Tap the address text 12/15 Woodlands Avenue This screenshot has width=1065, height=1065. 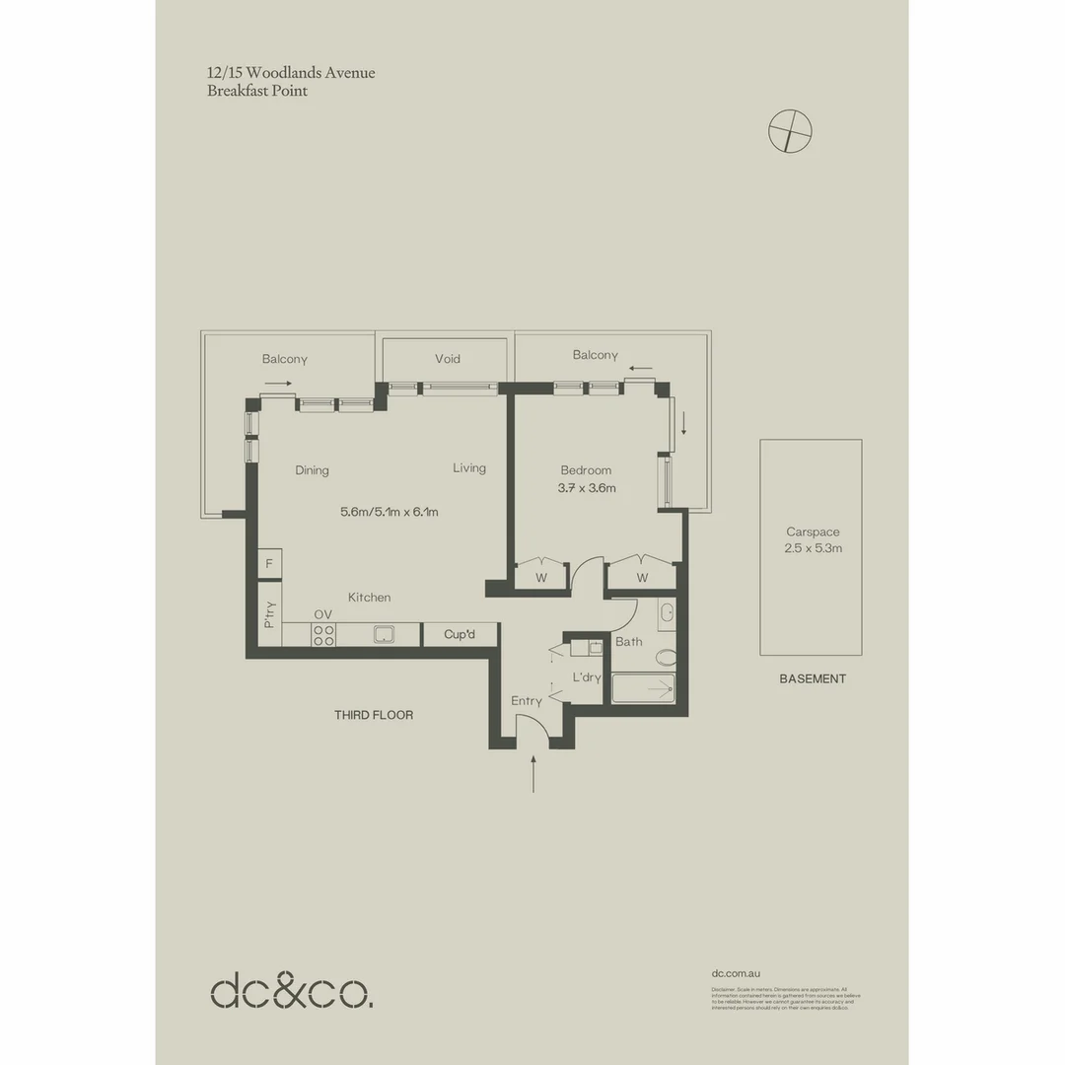click(x=291, y=73)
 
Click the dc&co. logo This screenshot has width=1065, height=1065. click(x=292, y=991)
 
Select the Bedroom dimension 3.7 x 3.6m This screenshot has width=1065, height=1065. click(x=587, y=488)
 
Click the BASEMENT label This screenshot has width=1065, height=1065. click(x=813, y=678)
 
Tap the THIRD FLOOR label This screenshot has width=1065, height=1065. click(x=374, y=715)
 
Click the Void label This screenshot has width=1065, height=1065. click(x=448, y=359)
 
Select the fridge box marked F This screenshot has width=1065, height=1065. click(x=269, y=564)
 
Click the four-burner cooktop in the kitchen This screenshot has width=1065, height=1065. click(x=323, y=636)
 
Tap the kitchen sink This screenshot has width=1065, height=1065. click(x=385, y=635)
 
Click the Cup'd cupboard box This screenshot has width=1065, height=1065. click(x=460, y=634)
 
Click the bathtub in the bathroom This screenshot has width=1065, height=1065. click(x=643, y=688)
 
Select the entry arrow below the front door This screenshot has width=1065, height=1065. click(x=533, y=774)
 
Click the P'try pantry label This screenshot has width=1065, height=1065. click(x=269, y=615)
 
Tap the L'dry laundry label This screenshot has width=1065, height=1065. click(x=587, y=677)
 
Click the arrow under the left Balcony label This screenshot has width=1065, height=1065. click(x=278, y=383)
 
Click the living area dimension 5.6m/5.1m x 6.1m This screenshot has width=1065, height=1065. click(x=389, y=512)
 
